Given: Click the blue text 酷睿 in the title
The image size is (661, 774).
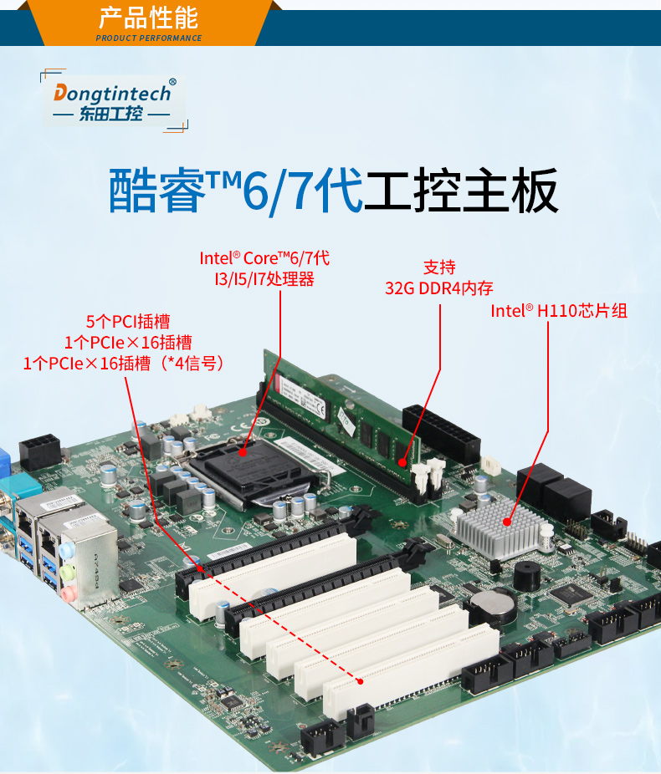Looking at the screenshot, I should click(x=157, y=191).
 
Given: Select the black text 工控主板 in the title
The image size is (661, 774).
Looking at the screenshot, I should click(x=461, y=191).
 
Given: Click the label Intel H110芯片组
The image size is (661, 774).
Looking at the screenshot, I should click(x=559, y=311).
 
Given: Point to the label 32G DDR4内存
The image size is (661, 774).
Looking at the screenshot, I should click(x=439, y=288).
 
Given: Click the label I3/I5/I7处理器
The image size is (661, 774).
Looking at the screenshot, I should click(x=264, y=279).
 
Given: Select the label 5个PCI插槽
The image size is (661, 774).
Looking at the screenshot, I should click(x=128, y=321).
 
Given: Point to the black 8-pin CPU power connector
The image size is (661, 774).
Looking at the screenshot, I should click(x=39, y=451).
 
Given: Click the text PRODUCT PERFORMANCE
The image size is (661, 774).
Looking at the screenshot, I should click(x=149, y=38).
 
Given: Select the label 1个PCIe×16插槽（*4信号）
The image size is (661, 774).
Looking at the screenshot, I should click(x=126, y=363).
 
